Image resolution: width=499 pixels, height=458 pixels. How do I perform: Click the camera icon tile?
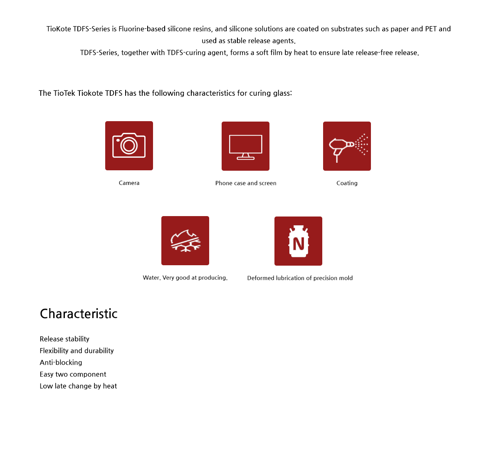pos(129,146)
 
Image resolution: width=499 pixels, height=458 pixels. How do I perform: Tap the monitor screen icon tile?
pos(245,146)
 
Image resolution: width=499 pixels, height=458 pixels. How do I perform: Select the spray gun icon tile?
pos(347,146)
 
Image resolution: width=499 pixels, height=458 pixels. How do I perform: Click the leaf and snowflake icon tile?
pos(185,241)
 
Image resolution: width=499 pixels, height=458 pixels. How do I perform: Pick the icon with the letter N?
pos(298,241)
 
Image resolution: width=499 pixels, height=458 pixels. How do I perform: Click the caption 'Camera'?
pos(129,183)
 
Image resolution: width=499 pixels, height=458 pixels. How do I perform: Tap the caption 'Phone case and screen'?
pos(246,183)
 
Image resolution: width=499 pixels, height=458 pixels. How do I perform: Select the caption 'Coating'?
pos(347,183)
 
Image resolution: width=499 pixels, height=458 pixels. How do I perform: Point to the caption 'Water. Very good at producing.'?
pos(185,278)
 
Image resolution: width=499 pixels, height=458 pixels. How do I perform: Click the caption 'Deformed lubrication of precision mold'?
pos(300,278)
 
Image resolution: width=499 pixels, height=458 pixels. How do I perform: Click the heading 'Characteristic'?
pos(79,314)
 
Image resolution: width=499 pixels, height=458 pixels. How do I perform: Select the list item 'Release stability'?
pos(64,339)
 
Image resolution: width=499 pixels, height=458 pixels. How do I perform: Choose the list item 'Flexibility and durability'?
pos(77,351)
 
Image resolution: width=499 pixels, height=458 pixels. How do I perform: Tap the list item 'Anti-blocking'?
pos(61,363)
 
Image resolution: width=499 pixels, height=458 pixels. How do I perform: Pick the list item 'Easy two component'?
pos(73,374)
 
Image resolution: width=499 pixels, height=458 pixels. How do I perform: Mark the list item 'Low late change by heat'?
pos(78,386)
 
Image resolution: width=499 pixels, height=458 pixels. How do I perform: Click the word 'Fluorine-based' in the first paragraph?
pos(142,29)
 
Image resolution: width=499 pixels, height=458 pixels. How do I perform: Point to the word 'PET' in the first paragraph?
pos(430,29)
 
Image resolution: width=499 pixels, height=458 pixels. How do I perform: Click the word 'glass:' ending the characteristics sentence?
pos(282,93)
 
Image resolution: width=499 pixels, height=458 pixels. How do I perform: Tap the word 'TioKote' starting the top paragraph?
pos(59,29)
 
